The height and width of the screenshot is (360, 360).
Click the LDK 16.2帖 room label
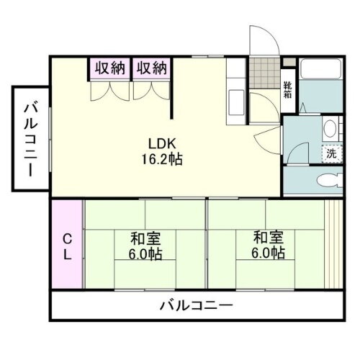[x=166, y=150]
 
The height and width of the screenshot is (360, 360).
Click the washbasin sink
[x=330, y=130]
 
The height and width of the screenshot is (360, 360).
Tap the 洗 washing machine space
[x=330, y=153]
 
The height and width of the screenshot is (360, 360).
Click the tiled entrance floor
[x=264, y=72]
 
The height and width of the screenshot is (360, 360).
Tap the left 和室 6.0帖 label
[x=146, y=245]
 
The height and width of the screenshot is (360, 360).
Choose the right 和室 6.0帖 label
[x=268, y=245]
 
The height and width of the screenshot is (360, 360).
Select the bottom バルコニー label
[x=196, y=305]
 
